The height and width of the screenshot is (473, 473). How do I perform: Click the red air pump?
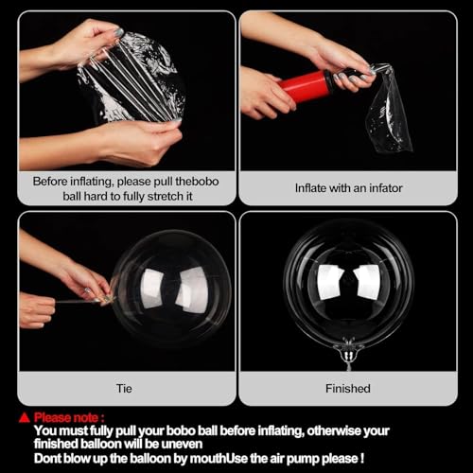point(305,87)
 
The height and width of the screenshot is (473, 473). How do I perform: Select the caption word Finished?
point(347,387)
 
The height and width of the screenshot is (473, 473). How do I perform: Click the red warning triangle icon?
point(25,417)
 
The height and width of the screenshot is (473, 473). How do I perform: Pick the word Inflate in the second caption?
point(311,187)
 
